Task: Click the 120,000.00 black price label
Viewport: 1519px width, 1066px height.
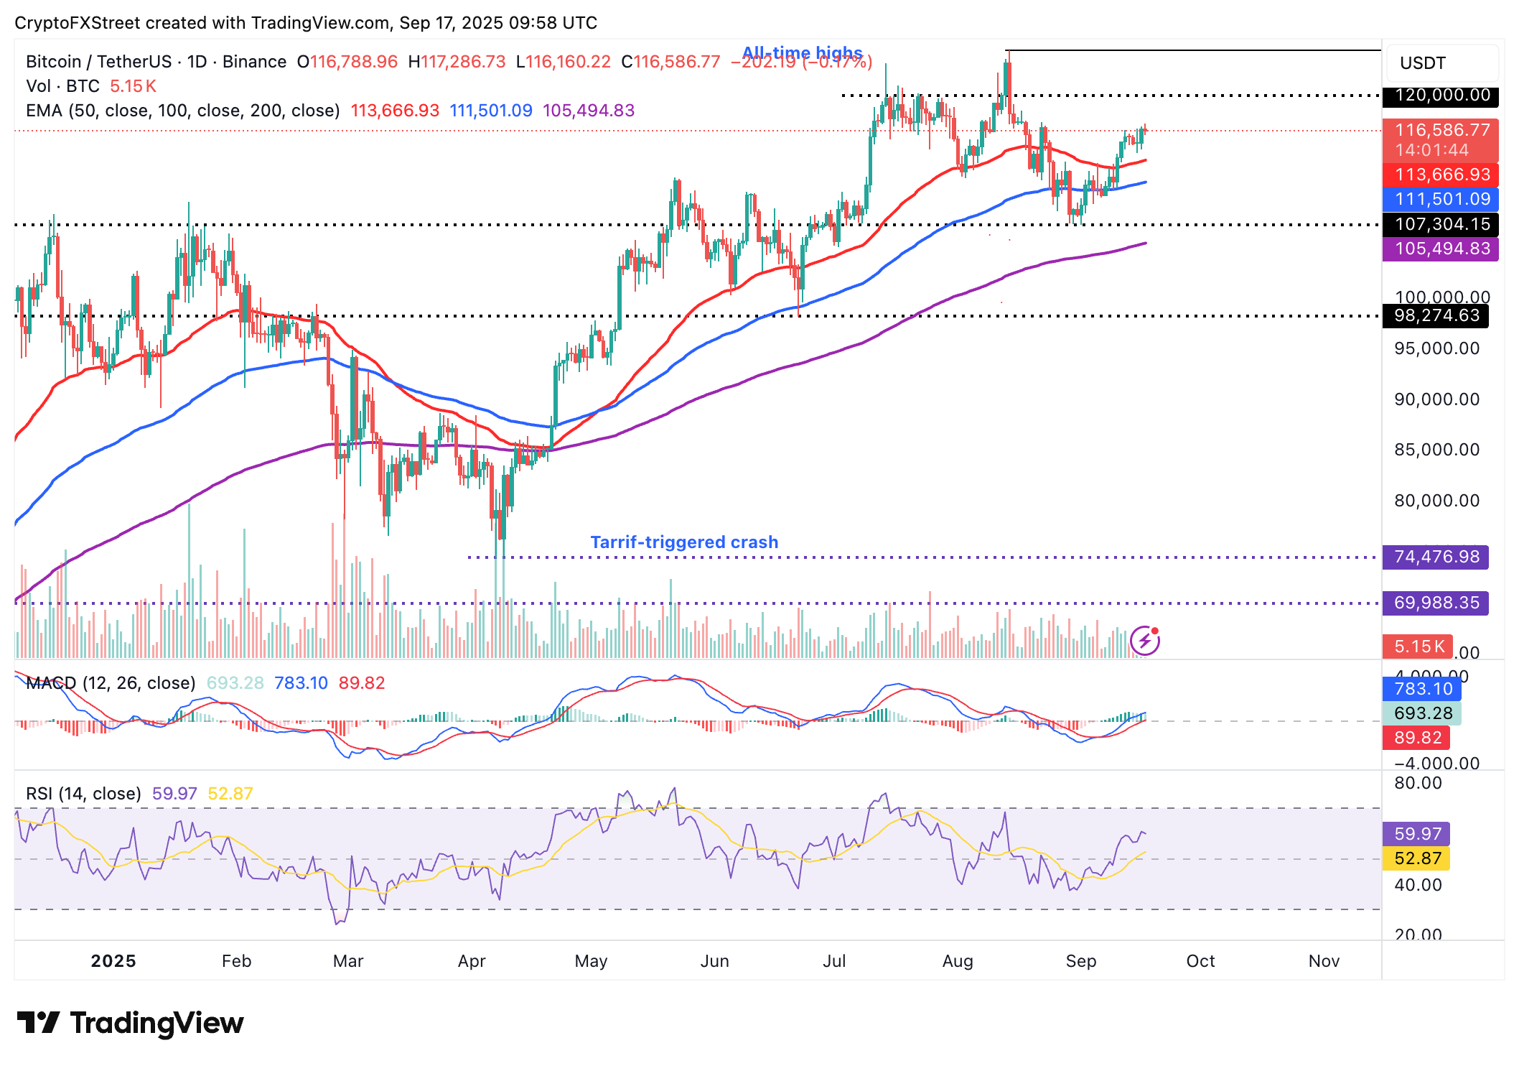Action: pos(1441,96)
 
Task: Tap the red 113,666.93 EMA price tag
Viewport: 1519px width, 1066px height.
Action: pos(1441,175)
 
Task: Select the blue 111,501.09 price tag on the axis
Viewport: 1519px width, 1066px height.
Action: pos(1441,199)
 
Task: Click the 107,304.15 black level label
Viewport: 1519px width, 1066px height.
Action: pos(1441,224)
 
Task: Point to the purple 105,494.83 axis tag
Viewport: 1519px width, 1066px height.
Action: pos(1441,249)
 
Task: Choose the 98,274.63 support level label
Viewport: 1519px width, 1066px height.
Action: pos(1436,315)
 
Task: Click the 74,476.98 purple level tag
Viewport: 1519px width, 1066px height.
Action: pos(1436,557)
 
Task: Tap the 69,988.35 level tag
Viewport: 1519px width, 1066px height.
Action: pos(1436,603)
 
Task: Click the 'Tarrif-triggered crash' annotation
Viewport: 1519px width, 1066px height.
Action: pos(684,542)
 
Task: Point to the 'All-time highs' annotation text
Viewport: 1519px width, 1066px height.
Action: pos(802,53)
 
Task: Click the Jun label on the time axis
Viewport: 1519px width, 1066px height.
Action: pos(714,961)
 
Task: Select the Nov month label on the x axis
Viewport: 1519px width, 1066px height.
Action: pos(1324,961)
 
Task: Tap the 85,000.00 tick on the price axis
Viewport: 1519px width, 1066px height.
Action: pos(1436,450)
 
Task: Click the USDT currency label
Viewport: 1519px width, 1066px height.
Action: pos(1422,63)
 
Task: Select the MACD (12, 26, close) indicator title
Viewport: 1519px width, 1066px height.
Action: pos(111,683)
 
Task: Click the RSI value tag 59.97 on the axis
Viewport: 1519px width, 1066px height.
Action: pos(1418,834)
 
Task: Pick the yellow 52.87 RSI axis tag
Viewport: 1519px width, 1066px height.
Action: pos(1418,858)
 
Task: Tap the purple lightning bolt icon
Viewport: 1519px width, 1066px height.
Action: pos(1145,641)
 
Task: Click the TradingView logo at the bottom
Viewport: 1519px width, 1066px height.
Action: pos(131,1023)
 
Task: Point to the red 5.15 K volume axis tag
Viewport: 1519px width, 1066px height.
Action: pos(1418,646)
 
